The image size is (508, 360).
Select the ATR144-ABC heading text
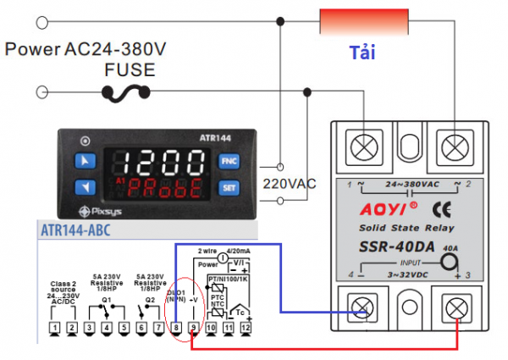pyautogui.click(x=75, y=230)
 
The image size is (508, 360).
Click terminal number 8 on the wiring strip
pyautogui.click(x=176, y=326)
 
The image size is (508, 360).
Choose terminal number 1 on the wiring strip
pyautogui.click(x=54, y=326)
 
